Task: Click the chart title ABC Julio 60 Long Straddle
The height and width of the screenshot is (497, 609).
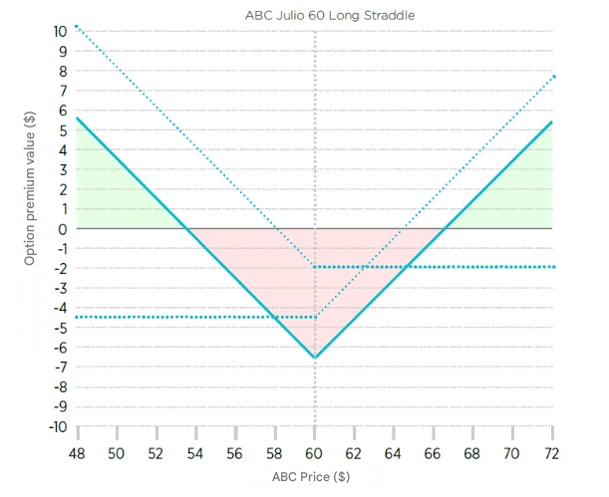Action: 316,16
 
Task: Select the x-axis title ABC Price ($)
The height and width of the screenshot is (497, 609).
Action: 312,476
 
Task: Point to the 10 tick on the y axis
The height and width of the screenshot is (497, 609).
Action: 61,31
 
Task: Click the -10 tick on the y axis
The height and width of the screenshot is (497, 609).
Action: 58,426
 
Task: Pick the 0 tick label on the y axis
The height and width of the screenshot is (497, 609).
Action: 62,229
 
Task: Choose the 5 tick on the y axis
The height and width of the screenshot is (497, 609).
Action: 62,129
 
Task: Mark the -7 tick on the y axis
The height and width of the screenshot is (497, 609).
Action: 60,368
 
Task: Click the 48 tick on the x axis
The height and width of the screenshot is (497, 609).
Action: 77,452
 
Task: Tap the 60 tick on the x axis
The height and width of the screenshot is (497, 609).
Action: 315,452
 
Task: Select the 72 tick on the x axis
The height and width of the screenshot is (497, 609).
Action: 551,452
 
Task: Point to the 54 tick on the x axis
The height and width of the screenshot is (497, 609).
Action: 195,452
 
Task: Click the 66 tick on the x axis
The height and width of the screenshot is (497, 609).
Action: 433,452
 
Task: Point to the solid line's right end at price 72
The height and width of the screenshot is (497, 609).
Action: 551,123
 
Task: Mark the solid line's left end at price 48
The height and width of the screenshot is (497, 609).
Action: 77,119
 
